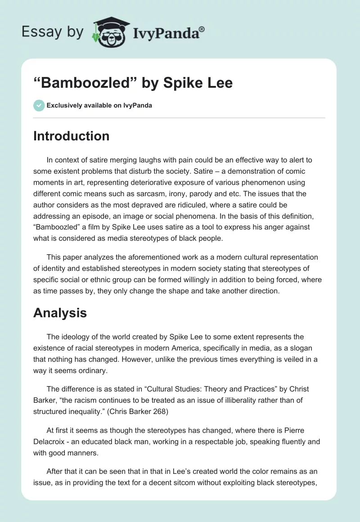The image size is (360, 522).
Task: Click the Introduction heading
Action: tap(71, 136)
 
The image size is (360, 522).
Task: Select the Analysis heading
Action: tap(60, 313)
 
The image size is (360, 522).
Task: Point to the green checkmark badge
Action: tap(39, 105)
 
